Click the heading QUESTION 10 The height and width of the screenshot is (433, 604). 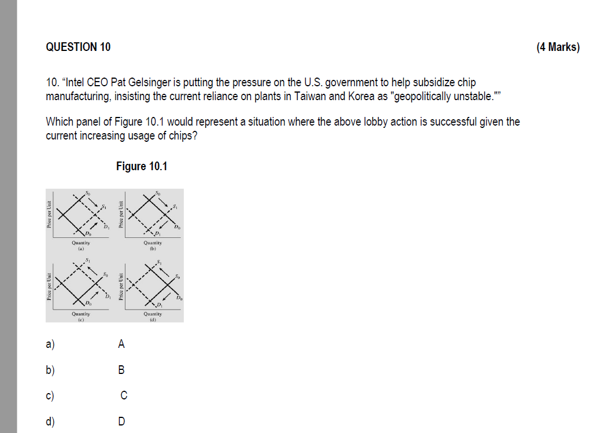[x=78, y=47]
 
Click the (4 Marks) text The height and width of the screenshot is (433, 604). [x=557, y=47]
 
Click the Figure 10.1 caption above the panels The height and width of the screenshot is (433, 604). [x=142, y=166]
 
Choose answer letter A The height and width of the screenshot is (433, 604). [x=121, y=344]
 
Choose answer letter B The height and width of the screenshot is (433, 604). [x=121, y=369]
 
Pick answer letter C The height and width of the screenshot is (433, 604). [x=124, y=395]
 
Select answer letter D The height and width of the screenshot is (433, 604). [x=121, y=421]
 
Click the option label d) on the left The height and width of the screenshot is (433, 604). [x=50, y=421]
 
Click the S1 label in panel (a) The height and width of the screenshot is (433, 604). [x=104, y=207]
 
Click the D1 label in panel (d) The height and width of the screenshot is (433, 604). [x=160, y=304]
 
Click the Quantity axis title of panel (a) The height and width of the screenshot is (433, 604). [x=80, y=243]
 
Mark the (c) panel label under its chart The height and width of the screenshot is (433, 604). [x=80, y=319]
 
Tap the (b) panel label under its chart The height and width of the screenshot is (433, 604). [x=153, y=248]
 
